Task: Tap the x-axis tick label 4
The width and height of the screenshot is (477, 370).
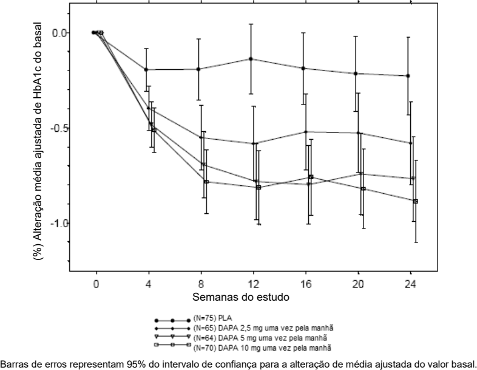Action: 147,284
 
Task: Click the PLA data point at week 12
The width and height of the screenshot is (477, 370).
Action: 252,59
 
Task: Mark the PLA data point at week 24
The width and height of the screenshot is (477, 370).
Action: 408,76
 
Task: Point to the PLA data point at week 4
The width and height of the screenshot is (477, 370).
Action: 146,69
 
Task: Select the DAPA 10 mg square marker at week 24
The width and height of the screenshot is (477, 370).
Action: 415,201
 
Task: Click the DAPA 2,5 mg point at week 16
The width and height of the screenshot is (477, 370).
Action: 305,132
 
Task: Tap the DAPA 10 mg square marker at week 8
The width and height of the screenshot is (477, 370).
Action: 206,182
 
